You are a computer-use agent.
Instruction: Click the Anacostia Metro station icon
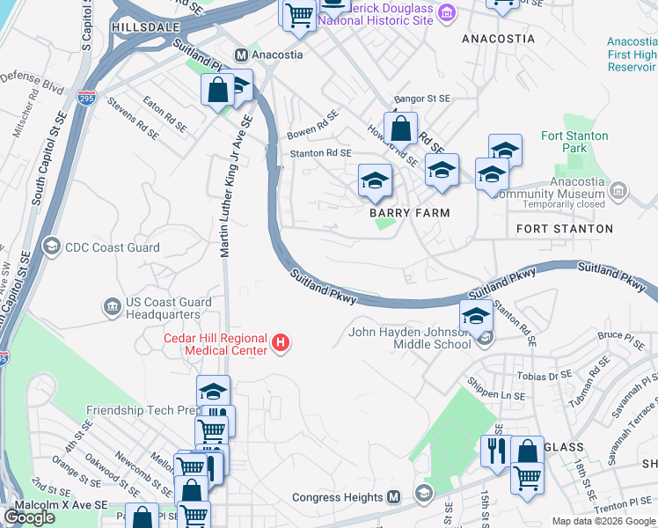click(240, 55)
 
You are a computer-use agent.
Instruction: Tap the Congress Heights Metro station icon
click(394, 496)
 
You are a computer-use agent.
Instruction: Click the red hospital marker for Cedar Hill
click(281, 342)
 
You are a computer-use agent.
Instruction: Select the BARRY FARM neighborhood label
click(409, 213)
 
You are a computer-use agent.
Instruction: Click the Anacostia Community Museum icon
click(618, 190)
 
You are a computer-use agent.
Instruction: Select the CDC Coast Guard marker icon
click(51, 247)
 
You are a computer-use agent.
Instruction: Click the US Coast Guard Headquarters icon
click(113, 306)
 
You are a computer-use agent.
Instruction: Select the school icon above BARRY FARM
click(375, 182)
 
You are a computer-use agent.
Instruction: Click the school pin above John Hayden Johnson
click(476, 315)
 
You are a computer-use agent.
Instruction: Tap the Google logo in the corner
click(29, 517)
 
